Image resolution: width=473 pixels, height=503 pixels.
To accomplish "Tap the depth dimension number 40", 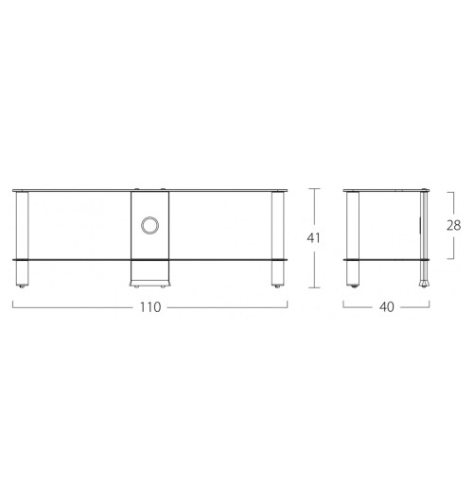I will click(x=387, y=307).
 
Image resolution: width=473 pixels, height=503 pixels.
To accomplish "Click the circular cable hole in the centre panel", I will click(x=149, y=225).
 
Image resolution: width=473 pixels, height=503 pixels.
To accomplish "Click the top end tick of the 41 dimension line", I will click(x=315, y=189).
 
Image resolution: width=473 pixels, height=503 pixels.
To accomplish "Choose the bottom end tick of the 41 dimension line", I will click(x=315, y=287).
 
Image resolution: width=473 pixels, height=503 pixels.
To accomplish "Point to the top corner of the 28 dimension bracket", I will click(x=455, y=190).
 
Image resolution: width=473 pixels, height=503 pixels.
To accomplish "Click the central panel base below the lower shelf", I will click(x=149, y=272).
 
